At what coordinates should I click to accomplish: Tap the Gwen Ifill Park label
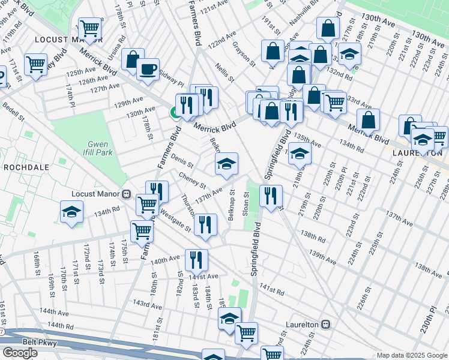point(98,148)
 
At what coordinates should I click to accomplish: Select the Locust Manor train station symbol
point(127,194)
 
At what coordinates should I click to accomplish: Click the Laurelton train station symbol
point(326,323)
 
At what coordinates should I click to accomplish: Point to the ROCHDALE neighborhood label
point(21,167)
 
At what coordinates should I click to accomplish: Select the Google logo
point(20,353)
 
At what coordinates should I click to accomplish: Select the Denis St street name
point(182,161)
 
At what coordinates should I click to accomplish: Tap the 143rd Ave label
point(147,305)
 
